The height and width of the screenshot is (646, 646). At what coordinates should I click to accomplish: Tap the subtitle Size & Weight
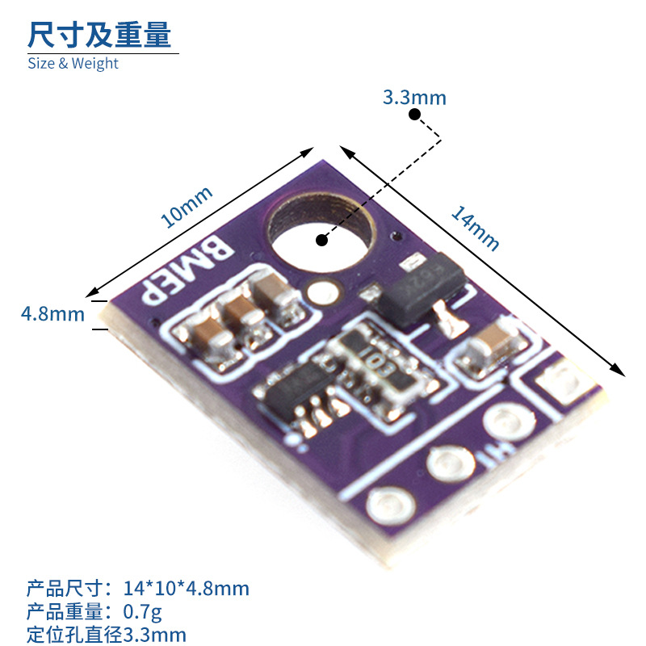pos(73,63)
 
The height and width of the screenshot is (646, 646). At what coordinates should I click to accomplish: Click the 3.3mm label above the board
pos(413,99)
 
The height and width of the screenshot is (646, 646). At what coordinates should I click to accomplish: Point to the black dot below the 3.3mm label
pos(414,115)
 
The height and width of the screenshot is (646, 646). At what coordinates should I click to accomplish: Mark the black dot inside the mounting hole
pos(321,240)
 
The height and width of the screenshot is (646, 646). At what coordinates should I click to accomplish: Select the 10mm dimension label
pos(187,206)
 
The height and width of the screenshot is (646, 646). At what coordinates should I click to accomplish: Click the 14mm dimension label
pos(475,229)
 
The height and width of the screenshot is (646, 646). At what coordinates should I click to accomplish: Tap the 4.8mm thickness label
pos(52,314)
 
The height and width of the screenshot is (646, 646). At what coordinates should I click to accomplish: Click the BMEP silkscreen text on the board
pos(188,269)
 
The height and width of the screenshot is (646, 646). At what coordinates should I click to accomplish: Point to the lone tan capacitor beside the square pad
pos(489,346)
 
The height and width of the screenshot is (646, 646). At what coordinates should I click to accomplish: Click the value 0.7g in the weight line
pos(143,611)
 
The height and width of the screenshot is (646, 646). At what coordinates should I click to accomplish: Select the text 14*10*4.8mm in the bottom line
pos(187,588)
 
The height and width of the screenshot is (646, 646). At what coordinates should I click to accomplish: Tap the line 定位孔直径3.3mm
pos(107,634)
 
